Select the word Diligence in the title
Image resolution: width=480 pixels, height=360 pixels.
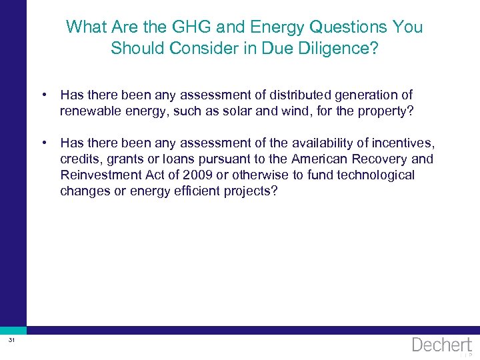point(340,49)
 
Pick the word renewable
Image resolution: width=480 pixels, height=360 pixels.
point(91,111)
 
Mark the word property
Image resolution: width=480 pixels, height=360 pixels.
point(385,111)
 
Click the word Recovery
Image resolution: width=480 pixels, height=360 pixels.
point(375,159)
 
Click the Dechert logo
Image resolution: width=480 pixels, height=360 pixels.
point(441,345)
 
